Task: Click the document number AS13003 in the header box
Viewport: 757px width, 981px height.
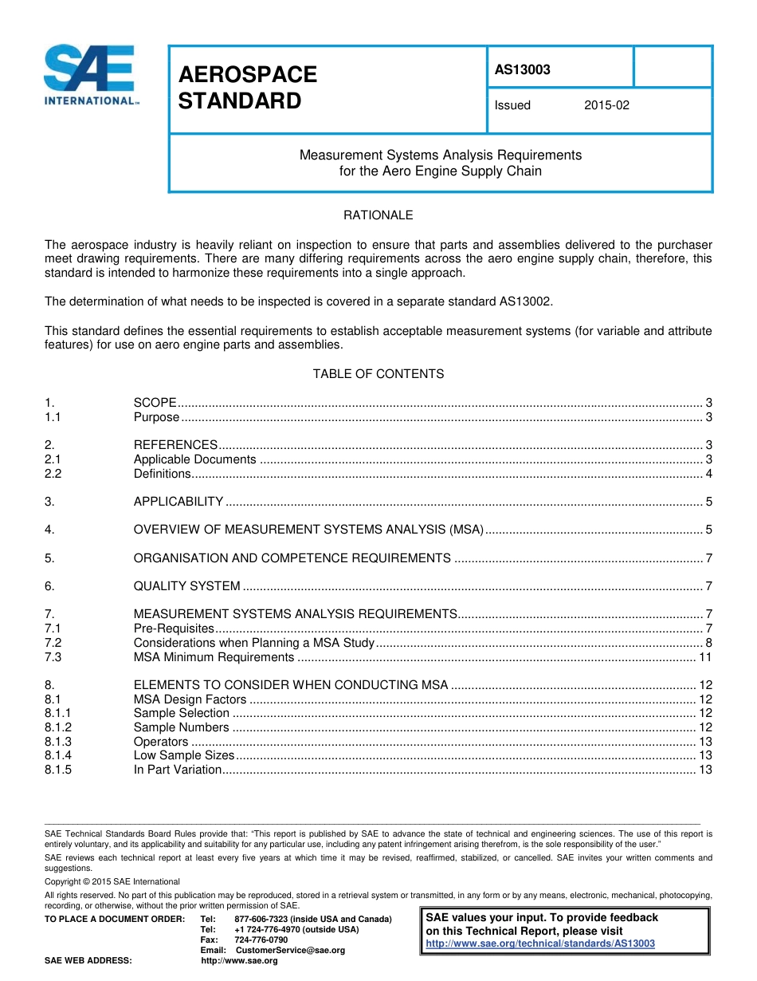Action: pyautogui.click(x=523, y=69)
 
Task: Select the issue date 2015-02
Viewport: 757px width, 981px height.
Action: pyautogui.click(x=606, y=104)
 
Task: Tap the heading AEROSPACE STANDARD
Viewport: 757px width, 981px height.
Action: pyautogui.click(x=247, y=88)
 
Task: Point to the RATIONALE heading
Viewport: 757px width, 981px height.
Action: pyautogui.click(x=378, y=215)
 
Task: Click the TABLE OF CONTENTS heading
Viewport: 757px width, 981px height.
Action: pyautogui.click(x=378, y=373)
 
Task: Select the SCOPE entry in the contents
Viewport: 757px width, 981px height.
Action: pyautogui.click(x=155, y=403)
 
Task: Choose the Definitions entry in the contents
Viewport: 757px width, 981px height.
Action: pyautogui.click(x=163, y=474)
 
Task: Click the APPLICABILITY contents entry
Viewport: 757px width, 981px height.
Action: pyautogui.click(x=178, y=502)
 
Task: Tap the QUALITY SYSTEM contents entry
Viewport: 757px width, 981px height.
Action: pyautogui.click(x=186, y=586)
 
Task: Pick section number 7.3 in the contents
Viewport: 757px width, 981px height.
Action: pyautogui.click(x=53, y=657)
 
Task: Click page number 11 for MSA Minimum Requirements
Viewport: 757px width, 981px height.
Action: pyautogui.click(x=704, y=657)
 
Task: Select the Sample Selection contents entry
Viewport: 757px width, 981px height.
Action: pyautogui.click(x=181, y=713)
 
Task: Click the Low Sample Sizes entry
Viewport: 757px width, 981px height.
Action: pyautogui.click(x=184, y=755)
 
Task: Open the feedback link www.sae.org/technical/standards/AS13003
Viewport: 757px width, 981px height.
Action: pyautogui.click(x=540, y=944)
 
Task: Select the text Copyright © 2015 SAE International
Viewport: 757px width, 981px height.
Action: pyautogui.click(x=112, y=881)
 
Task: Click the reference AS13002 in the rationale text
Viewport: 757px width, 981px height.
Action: pyautogui.click(x=523, y=301)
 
